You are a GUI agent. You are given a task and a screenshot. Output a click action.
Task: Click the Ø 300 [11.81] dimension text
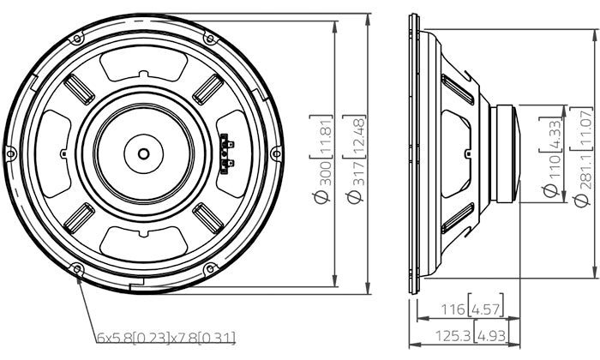point(322,159)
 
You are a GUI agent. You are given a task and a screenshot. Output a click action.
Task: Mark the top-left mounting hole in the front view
point(77,39)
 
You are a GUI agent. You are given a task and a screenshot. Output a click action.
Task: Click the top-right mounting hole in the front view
point(209,39)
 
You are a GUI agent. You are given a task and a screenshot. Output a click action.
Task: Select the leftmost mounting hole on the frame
point(10,153)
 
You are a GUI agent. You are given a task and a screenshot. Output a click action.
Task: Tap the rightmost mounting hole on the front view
point(276,153)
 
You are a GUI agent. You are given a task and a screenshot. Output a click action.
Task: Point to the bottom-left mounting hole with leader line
point(77,269)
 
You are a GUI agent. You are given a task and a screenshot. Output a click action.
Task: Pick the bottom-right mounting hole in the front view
point(209,269)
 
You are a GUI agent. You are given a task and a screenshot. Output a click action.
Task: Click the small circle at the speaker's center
point(143,154)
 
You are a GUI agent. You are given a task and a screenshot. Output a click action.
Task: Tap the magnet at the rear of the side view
point(506,153)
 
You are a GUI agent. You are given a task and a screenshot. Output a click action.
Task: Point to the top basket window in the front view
point(143,64)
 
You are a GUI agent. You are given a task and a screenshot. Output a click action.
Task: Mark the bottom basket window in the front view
point(143,243)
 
